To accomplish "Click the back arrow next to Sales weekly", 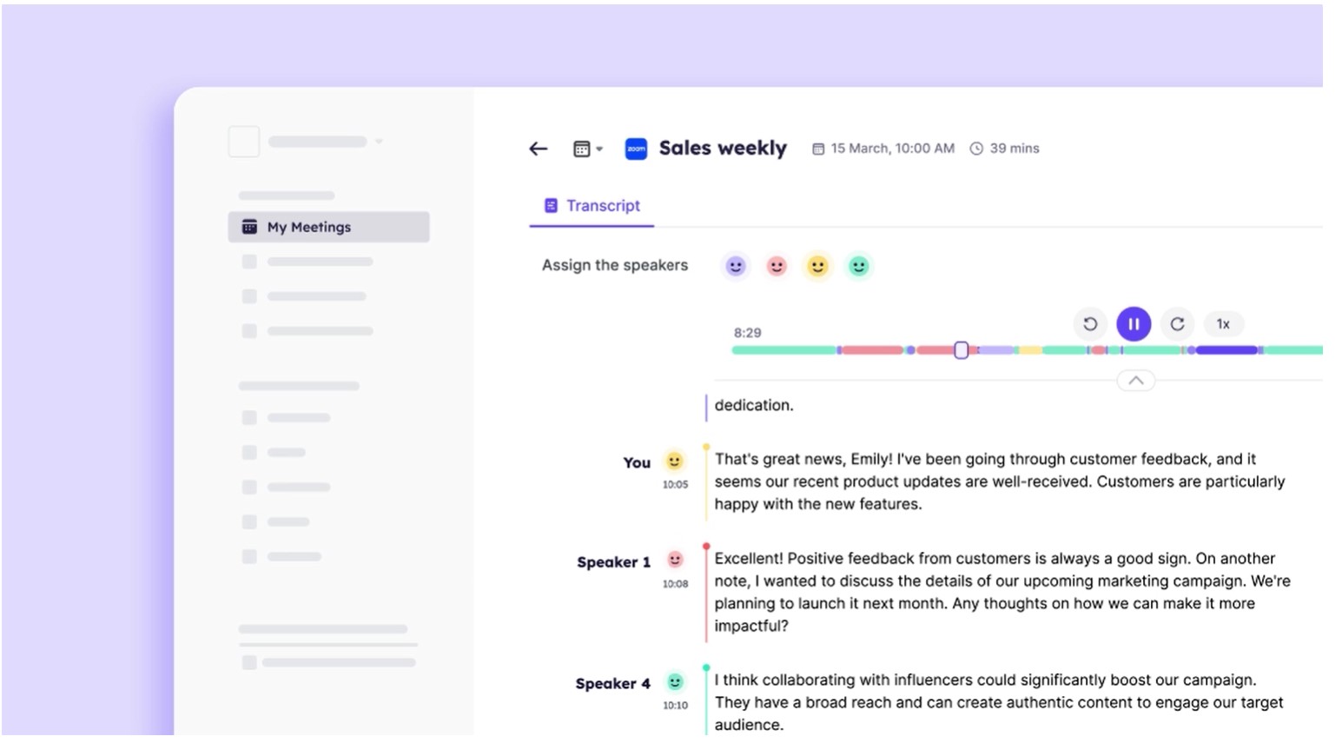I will (539, 149).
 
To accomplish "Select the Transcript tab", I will (592, 206).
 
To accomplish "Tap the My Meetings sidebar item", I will (328, 227).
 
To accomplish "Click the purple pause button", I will (1134, 324).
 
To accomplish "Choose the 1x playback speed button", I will (1223, 324).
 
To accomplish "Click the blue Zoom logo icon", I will (636, 149).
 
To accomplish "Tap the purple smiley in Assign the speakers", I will (736, 266).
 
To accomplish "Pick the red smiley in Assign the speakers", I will (777, 266).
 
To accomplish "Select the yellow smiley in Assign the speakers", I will (817, 266).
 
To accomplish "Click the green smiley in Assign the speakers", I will (858, 266).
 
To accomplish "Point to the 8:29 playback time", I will (747, 333).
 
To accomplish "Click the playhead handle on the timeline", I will (961, 350).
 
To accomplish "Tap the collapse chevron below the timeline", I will (1135, 381).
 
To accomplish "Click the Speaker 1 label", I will (613, 562).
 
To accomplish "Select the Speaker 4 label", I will (612, 684).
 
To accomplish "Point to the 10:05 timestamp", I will (675, 485).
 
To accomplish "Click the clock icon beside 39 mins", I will (976, 149).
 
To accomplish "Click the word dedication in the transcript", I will (753, 405).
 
